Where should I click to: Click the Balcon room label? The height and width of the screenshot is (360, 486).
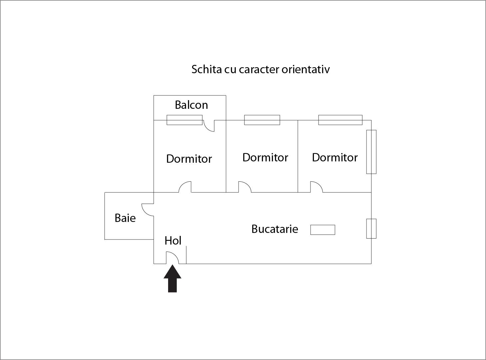(x=191, y=105)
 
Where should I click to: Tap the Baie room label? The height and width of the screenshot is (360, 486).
(x=125, y=218)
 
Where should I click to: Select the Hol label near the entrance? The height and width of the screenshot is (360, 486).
(x=173, y=241)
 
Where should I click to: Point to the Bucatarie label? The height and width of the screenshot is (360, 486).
(x=275, y=229)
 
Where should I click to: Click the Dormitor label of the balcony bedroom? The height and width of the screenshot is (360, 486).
(x=189, y=159)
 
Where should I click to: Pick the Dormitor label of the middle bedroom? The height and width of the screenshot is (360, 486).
(x=265, y=157)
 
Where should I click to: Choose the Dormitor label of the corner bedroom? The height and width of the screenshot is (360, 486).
(x=335, y=157)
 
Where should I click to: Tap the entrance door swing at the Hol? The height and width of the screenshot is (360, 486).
(x=172, y=258)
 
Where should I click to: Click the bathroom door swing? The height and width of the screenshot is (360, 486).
(x=147, y=210)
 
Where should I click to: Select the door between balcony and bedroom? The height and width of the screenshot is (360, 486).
(x=209, y=126)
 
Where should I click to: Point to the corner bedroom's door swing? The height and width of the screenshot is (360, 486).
(x=317, y=187)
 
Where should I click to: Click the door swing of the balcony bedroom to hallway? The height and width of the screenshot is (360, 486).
(x=185, y=187)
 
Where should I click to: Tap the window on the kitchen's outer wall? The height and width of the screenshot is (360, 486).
(x=371, y=229)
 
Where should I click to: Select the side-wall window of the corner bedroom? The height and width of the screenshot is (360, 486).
(x=371, y=152)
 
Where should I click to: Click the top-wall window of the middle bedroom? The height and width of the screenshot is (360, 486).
(x=262, y=120)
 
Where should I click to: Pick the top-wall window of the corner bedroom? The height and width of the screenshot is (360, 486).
(x=340, y=120)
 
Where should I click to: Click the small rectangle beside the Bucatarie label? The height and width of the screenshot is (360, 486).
(x=323, y=230)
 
